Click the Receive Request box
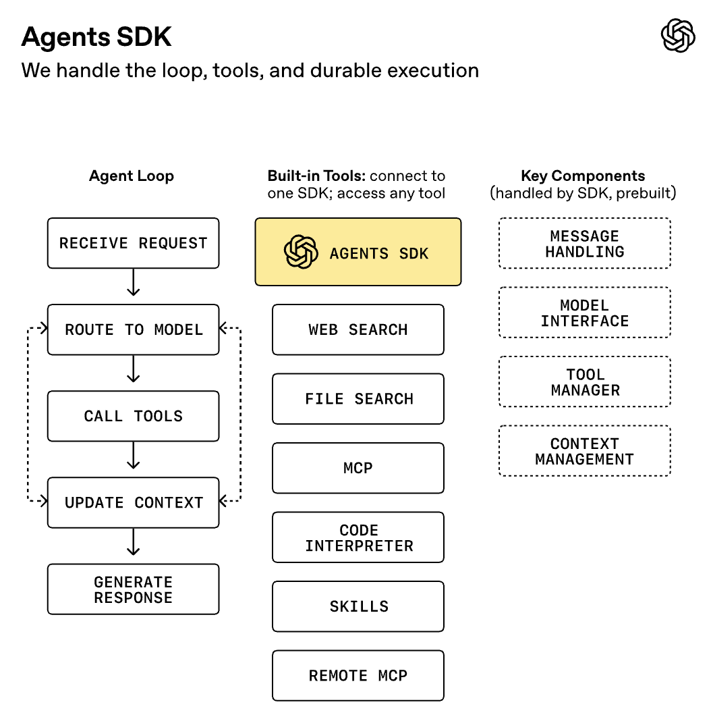coord(133,243)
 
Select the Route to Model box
coord(133,329)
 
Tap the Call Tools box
coord(133,416)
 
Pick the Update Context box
coord(133,502)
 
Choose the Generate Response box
coord(133,589)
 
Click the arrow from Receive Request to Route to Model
coord(134,282)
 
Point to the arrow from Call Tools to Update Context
coord(134,455)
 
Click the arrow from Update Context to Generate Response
coord(134,541)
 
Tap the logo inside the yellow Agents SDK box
coord(301,253)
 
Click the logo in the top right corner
coord(677,36)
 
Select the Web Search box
coord(358,329)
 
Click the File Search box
coord(358,399)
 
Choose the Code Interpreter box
coord(358,537)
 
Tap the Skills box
coord(358,606)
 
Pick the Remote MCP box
coord(358,676)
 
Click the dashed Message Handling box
coord(584,244)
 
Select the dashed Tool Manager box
coord(584,382)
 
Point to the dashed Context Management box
coord(584,451)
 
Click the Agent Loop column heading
coord(132,176)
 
